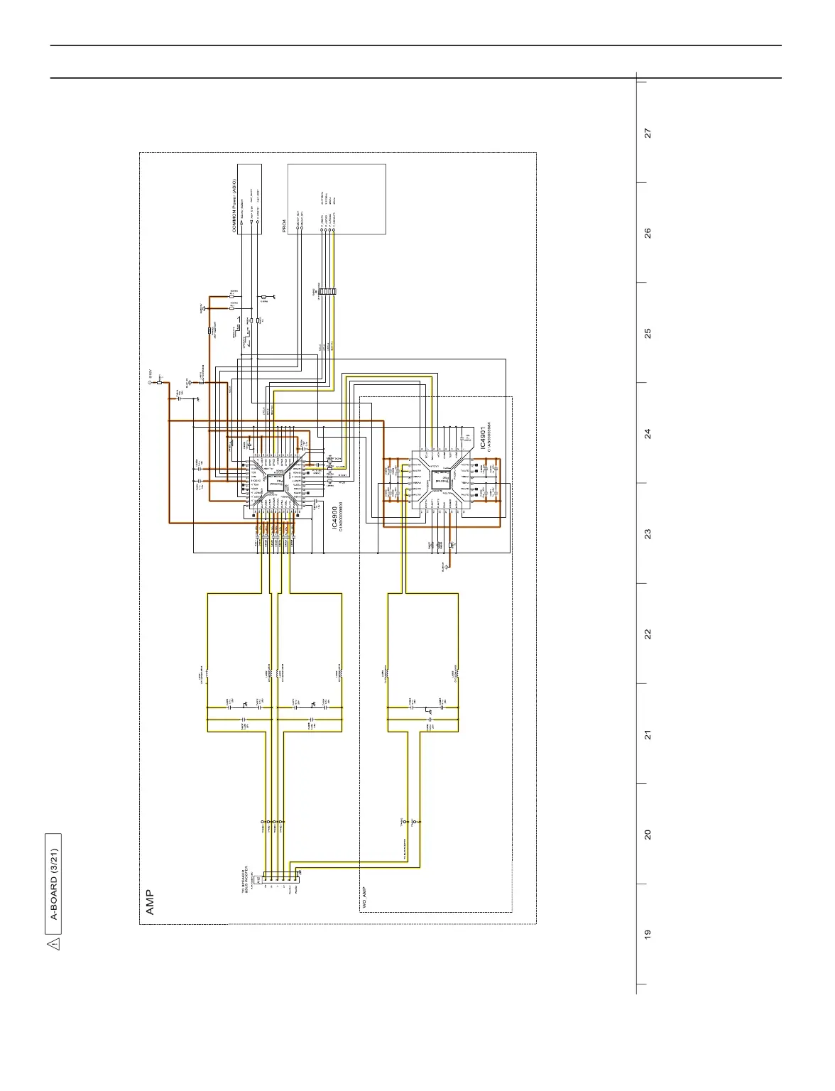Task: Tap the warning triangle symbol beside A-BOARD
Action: pos(54,944)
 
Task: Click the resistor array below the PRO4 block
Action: pos(327,291)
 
